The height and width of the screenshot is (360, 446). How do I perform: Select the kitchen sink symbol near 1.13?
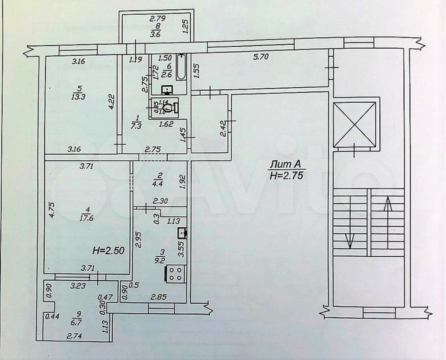[x=180, y=233]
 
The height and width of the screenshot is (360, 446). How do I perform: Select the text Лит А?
[x=285, y=164]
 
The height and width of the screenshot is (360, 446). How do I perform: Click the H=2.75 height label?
[x=285, y=176]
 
